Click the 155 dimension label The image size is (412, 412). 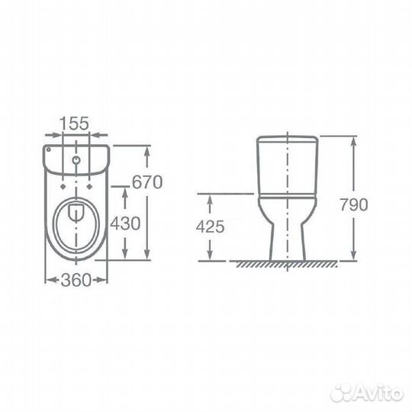75,124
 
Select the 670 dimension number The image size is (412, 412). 147,182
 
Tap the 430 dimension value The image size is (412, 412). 125,224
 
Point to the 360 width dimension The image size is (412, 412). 76,280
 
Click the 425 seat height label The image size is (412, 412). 211,227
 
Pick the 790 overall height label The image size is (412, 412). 354,204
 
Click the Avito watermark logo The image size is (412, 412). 367,394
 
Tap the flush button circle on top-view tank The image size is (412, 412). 76,159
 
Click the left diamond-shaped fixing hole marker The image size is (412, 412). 63,187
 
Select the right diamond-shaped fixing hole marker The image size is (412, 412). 89,187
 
